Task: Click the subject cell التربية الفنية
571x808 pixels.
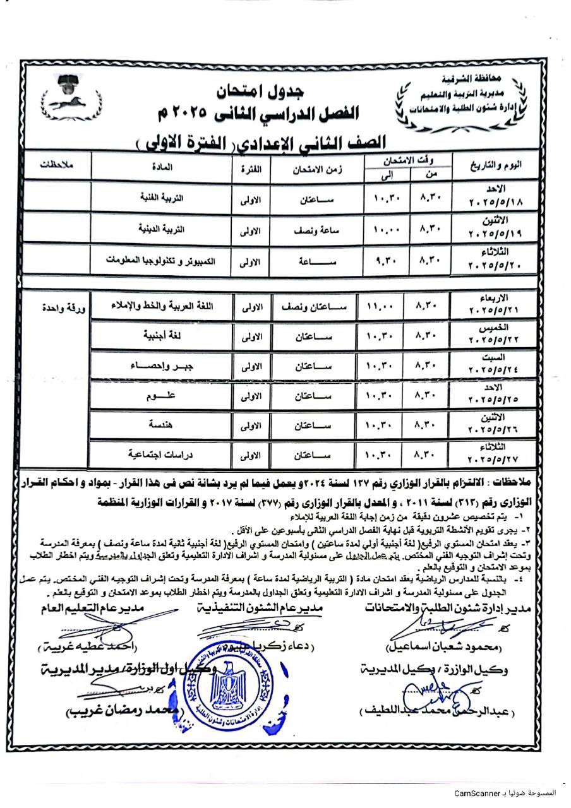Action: point(148,197)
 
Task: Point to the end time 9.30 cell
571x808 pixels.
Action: point(382,259)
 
